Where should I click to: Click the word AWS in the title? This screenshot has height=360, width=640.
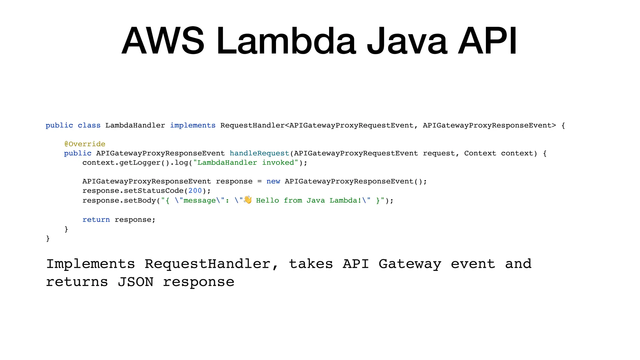click(163, 41)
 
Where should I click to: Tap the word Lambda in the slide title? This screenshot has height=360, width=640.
click(286, 41)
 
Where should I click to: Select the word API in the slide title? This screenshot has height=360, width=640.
click(487, 41)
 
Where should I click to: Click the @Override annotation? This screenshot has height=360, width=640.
click(85, 144)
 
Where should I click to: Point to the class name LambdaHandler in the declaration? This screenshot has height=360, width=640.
click(135, 125)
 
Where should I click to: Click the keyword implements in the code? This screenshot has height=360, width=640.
click(193, 125)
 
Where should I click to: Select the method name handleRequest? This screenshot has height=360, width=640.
click(259, 153)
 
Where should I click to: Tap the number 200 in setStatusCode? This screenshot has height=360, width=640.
click(195, 191)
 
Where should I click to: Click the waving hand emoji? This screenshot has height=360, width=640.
click(248, 200)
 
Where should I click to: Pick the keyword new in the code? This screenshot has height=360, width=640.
click(273, 182)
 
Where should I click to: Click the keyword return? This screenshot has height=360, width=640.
click(96, 220)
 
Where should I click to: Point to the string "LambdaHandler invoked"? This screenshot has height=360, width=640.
click(246, 163)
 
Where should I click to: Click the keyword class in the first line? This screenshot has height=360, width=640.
click(89, 125)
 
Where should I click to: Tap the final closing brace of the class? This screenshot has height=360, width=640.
click(48, 238)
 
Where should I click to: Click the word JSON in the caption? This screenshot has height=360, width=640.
click(136, 282)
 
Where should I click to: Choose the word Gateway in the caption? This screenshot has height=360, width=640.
click(410, 264)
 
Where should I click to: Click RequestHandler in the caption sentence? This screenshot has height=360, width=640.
click(207, 264)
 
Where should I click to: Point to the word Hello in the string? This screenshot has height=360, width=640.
click(267, 200)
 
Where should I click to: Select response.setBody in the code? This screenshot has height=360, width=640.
click(119, 200)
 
